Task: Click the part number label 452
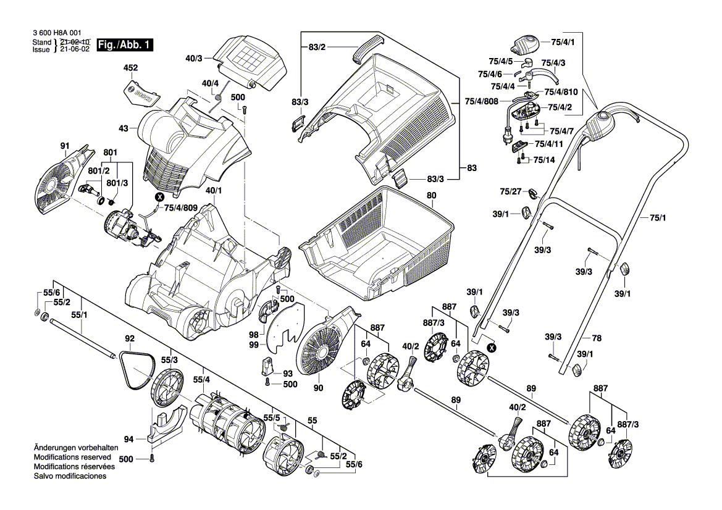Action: tap(131, 67)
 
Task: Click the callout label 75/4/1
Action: tap(563, 42)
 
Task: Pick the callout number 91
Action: tap(64, 146)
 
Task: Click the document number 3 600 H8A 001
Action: tap(55, 34)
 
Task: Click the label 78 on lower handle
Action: tap(596, 338)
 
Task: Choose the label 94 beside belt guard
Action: tap(128, 440)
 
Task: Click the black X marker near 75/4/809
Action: tap(159, 197)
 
